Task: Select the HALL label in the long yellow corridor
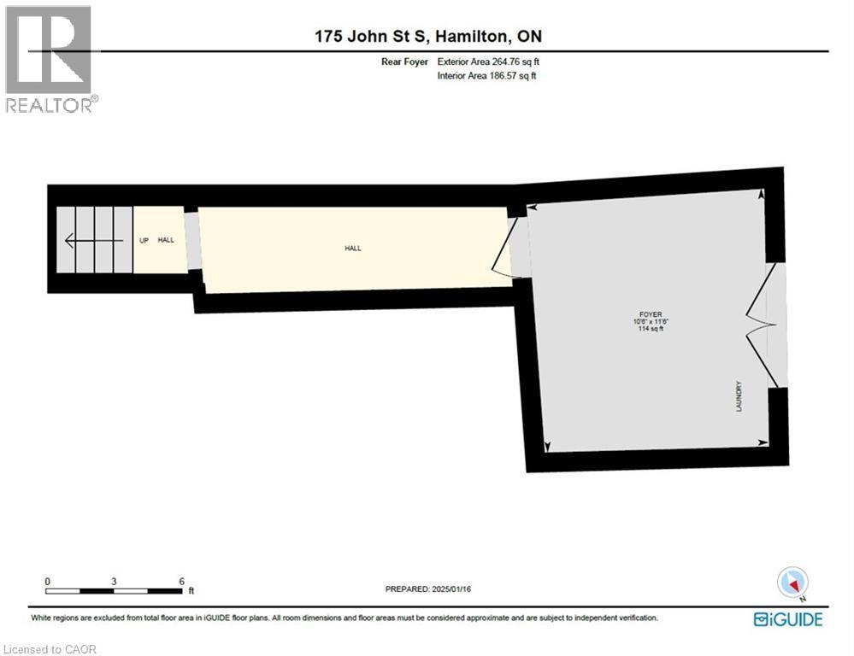click(x=353, y=249)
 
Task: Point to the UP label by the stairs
click(x=144, y=240)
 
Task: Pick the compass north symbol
click(x=792, y=583)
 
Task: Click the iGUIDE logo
click(x=787, y=619)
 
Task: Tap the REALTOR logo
click(x=50, y=59)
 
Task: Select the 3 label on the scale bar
click(x=114, y=581)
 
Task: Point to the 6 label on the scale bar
click(x=181, y=581)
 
